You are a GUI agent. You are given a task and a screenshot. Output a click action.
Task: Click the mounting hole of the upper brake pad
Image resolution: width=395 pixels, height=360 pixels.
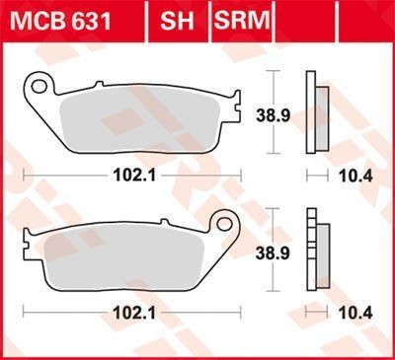tap(40, 87)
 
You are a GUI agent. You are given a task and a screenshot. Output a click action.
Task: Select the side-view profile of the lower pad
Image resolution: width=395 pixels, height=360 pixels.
tap(315, 252)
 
